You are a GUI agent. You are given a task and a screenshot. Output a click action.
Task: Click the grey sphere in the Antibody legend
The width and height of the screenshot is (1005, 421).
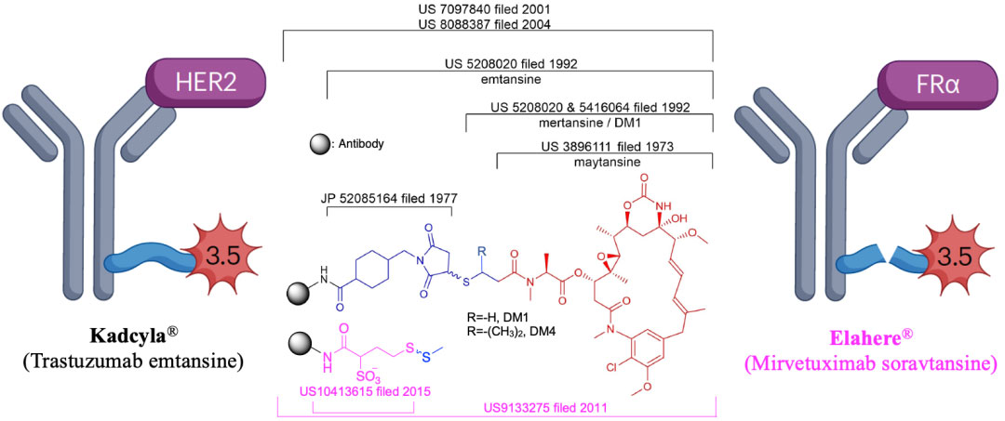click(x=318, y=144)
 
